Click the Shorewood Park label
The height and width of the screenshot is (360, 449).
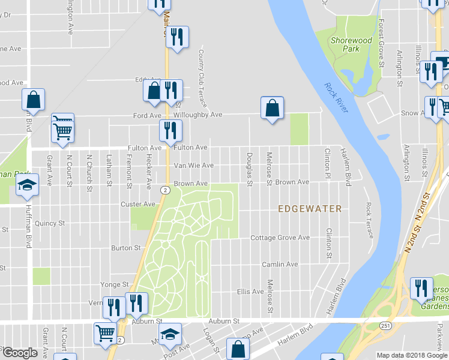(352, 45)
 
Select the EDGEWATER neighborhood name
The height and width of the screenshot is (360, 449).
(310, 209)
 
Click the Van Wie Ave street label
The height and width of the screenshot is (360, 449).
(193, 166)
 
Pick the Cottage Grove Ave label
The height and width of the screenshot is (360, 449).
(280, 238)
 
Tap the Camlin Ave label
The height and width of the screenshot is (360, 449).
(280, 264)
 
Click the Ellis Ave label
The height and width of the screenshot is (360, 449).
(250, 292)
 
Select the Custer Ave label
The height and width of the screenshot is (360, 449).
(138, 204)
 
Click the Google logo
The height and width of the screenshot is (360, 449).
(20, 353)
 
